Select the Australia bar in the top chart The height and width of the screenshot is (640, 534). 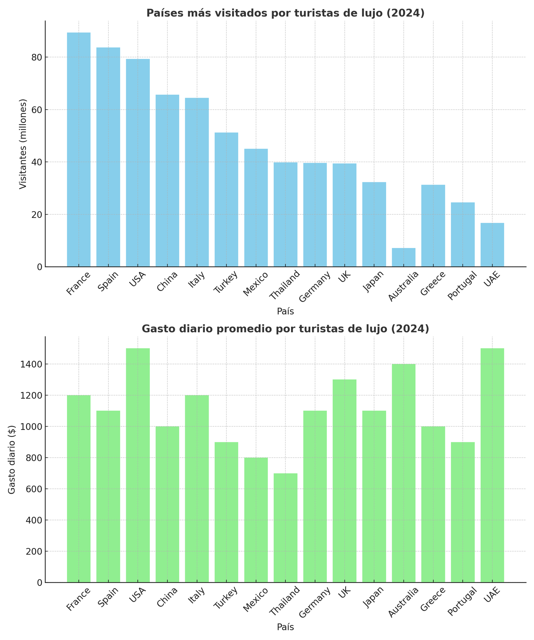(404, 257)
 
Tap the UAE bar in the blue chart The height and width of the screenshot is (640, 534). (492, 245)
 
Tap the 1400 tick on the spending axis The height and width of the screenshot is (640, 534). (32, 364)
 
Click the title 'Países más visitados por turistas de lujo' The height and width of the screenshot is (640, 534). (285, 13)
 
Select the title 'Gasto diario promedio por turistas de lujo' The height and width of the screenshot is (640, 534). (285, 329)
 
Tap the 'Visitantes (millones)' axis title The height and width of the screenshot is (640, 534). (23, 144)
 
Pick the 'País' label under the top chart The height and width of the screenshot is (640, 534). (285, 311)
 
